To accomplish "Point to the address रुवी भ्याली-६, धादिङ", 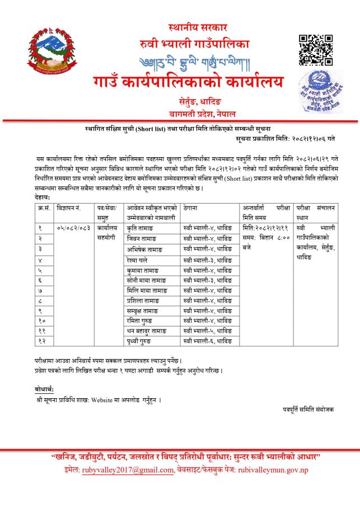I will coord(207,340).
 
